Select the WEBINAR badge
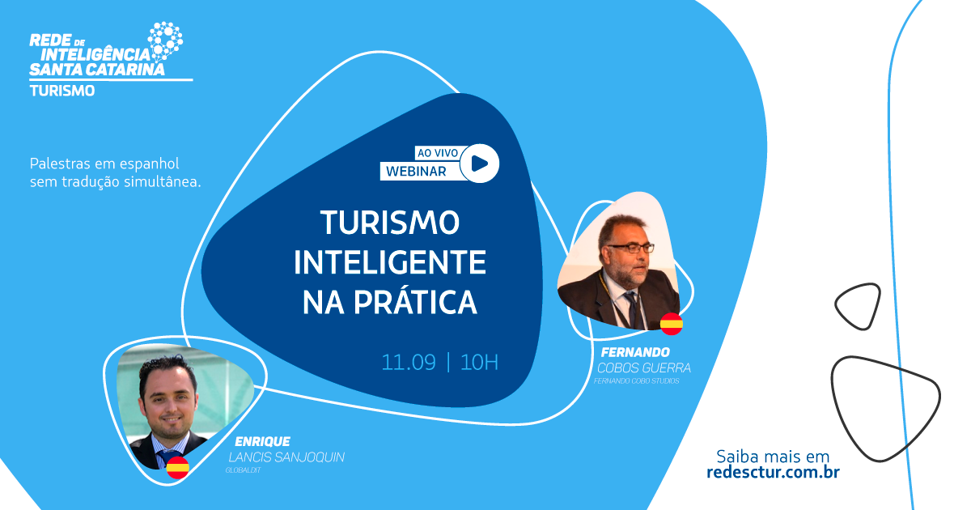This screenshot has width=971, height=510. pyautogui.click(x=417, y=171)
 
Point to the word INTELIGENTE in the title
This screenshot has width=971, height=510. pyautogui.click(x=389, y=263)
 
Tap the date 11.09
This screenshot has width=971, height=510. pyautogui.click(x=408, y=362)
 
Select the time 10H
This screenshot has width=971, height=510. pyautogui.click(x=479, y=362)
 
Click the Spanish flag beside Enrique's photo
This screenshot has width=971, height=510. pyautogui.click(x=177, y=466)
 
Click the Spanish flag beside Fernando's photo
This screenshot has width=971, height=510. pyautogui.click(x=672, y=324)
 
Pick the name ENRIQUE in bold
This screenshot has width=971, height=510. pyautogui.click(x=262, y=442)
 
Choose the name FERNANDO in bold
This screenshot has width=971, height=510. pyautogui.click(x=635, y=352)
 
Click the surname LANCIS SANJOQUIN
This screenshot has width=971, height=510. pyautogui.click(x=287, y=457)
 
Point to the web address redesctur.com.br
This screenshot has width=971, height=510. pyautogui.click(x=773, y=472)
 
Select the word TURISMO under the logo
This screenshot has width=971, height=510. pyautogui.click(x=62, y=91)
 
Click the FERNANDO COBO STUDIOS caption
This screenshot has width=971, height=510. pyautogui.click(x=636, y=380)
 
